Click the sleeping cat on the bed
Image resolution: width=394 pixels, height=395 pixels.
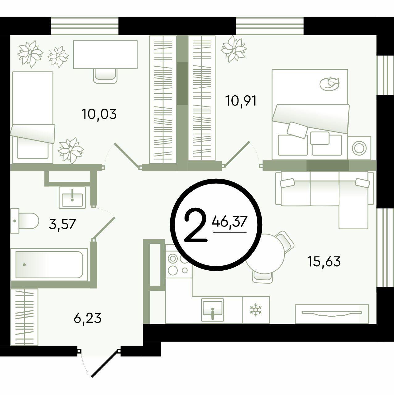[x=330, y=83]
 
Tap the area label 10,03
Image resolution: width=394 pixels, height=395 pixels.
[x=99, y=114]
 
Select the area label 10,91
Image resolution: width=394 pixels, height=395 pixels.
[x=241, y=101]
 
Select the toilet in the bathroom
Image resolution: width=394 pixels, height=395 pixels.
[x=25, y=221]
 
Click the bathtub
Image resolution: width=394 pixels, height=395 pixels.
[x=49, y=265]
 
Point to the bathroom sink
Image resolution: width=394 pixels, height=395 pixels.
[x=72, y=197]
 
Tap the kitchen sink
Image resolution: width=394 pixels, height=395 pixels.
[x=212, y=310]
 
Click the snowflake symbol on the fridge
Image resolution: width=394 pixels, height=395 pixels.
[x=255, y=310]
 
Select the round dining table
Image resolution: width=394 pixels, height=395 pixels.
[x=265, y=254]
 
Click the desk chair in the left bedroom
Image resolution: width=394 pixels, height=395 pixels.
[x=106, y=76]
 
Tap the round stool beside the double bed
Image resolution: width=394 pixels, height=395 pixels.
[x=359, y=148]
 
